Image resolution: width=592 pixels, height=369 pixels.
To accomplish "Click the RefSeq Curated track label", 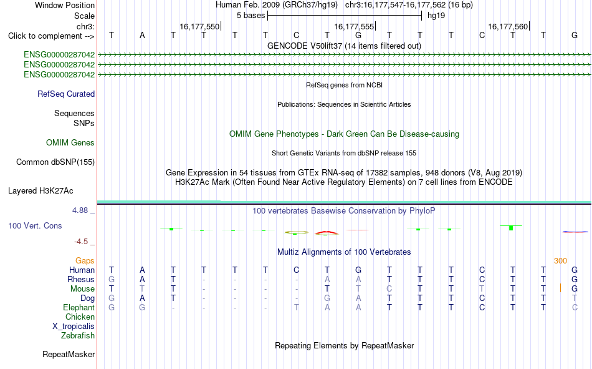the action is coord(65,94).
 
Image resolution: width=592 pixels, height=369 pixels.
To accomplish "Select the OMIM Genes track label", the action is coord(70,143).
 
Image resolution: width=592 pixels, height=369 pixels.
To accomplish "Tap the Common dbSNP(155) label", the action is coord(55,162).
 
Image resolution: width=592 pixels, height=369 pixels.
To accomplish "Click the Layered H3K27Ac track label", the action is coord(41,191).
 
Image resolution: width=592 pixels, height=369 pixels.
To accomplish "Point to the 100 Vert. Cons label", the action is coord(35,225).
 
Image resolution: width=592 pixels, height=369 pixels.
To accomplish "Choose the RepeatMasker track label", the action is coord(69,354).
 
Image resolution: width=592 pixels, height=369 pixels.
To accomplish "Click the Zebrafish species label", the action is coord(78,336).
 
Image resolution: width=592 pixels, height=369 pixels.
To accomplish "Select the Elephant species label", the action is coord(79,308).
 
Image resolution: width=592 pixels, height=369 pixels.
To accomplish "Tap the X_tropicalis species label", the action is coord(74,327).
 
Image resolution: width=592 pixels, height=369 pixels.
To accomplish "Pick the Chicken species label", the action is coord(80,317).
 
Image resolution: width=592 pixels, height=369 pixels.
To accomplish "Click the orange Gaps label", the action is coord(85,261).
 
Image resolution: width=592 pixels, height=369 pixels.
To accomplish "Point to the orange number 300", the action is coord(560,261).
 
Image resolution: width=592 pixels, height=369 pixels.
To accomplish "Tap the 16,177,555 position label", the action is coord(354,26).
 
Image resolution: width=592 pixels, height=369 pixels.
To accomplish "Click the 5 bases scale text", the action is coord(251,16).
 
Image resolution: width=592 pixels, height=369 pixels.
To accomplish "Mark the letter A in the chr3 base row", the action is coord(142,36).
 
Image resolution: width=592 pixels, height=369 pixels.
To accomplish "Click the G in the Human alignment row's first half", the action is coord(358,270).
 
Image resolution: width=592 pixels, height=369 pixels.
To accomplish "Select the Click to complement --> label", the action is coord(51,36).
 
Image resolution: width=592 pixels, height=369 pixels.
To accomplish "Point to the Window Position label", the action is coord(65,5).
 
